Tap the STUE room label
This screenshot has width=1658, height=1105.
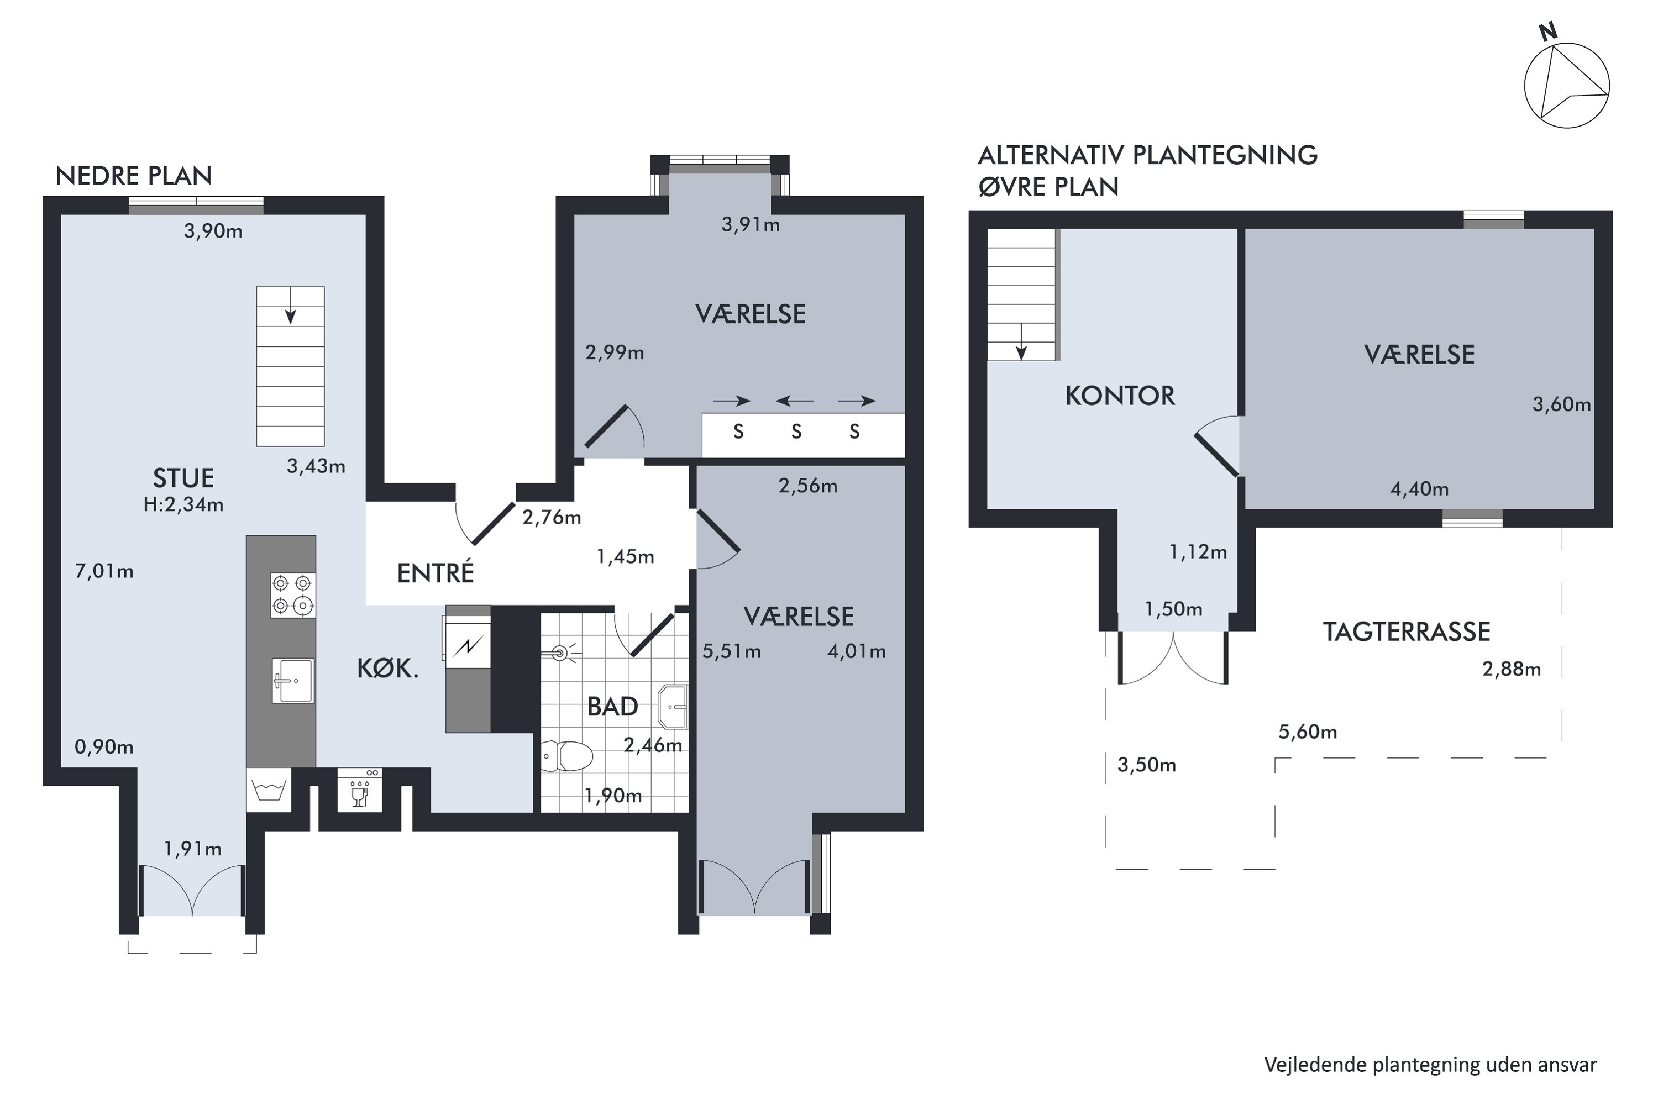tap(183, 478)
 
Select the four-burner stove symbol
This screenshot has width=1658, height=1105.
tap(292, 595)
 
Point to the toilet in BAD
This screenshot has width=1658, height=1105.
tap(568, 757)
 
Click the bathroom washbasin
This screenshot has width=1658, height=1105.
tap(673, 706)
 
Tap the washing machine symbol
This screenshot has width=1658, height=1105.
tap(269, 790)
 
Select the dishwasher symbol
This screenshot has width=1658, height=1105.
tap(360, 790)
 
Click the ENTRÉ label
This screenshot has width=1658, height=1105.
tap(436, 573)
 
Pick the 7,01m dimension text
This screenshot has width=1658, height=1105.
tap(104, 571)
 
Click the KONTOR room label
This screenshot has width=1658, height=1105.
tap(1120, 396)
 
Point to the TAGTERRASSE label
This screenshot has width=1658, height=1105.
tap(1407, 632)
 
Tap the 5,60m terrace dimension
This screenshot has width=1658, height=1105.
tap(1308, 732)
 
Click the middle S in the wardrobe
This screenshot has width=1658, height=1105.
tap(796, 432)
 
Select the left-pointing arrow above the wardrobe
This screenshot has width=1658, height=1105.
tap(795, 401)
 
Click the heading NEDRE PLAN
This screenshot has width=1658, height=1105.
tap(134, 176)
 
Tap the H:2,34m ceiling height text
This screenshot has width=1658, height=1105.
tap(183, 504)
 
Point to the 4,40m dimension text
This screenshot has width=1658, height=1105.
tap(1419, 488)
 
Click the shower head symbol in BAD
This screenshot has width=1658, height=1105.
tap(561, 653)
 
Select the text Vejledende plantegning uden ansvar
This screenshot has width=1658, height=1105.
tap(1430, 1064)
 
